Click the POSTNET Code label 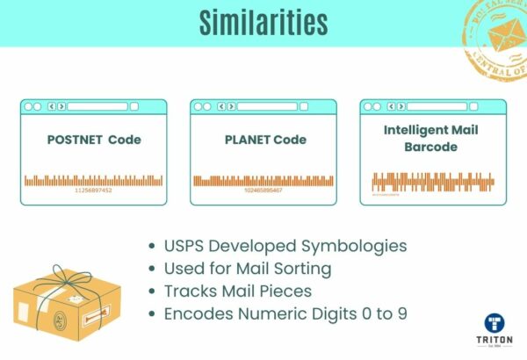[x=93, y=140]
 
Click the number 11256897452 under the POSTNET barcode [x=93, y=191]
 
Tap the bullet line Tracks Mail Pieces [x=242, y=290]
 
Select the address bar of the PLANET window [x=268, y=106]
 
